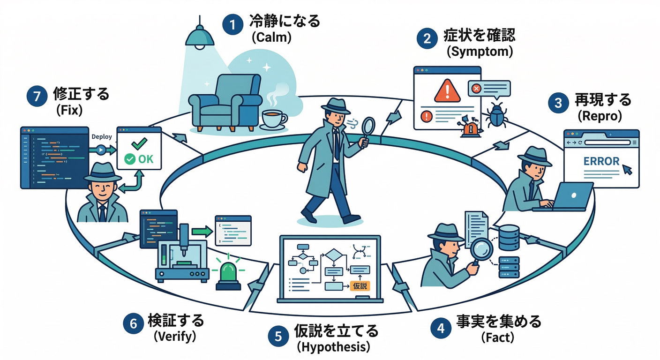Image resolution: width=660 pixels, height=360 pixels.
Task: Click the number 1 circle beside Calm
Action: click(230, 24)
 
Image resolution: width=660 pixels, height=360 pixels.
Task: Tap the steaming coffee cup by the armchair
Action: click(273, 118)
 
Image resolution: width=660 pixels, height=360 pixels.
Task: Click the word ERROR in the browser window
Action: click(601, 161)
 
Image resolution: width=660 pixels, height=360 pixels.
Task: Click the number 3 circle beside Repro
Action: click(558, 103)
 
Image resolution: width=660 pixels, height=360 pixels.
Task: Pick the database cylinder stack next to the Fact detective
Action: click(509, 237)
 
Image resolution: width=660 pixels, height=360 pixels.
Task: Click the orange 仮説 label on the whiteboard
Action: click(360, 286)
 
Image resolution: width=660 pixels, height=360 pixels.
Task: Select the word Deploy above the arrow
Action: click(102, 137)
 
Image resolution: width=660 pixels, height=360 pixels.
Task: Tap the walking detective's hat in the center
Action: click(335, 106)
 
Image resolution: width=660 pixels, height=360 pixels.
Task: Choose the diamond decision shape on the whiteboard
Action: click(334, 256)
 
